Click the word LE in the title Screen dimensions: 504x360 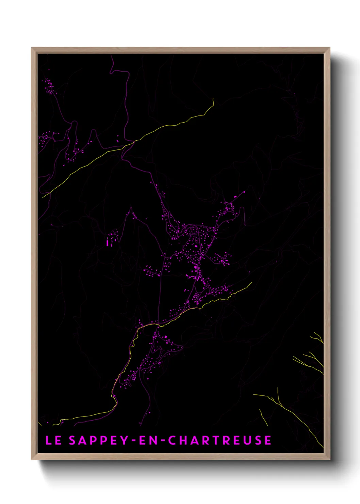click(53, 440)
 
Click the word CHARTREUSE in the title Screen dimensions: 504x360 click(220, 440)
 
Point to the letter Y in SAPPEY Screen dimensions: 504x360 click(124, 440)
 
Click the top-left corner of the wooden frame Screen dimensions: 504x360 click(32, 48)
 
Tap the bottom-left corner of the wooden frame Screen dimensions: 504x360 click(32, 459)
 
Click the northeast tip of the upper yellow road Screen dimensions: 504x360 click(213, 99)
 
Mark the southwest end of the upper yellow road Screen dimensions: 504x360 click(43, 197)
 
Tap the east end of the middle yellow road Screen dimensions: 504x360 click(251, 283)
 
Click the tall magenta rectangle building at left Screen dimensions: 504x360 click(108, 243)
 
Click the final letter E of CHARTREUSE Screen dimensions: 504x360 click(268, 440)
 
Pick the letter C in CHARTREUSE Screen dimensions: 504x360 click(172, 440)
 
